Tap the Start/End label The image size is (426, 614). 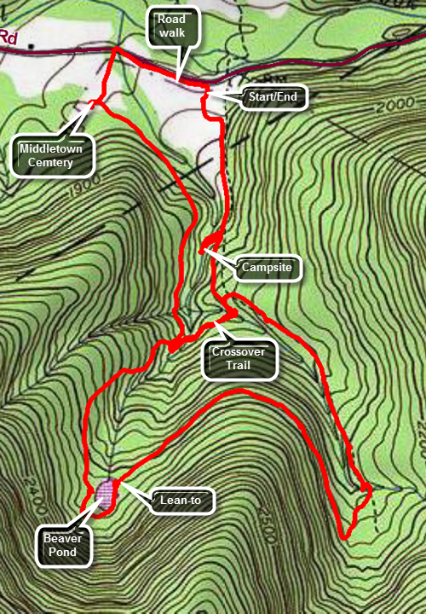272,96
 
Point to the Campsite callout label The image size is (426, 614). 267,267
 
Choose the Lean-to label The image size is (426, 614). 180,501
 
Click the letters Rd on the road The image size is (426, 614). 8,37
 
